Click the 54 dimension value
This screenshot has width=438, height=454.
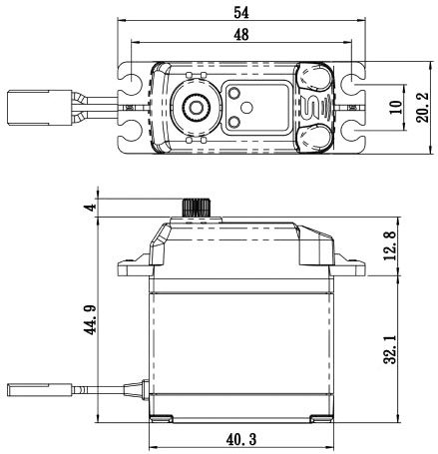click(241, 13)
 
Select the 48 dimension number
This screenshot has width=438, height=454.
click(241, 35)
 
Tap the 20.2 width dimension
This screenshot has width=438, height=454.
click(422, 108)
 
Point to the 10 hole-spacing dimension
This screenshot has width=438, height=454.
click(396, 107)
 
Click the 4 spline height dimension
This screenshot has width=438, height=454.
click(90, 208)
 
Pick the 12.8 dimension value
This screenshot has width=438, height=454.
click(390, 246)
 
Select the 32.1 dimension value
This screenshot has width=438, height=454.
click(390, 349)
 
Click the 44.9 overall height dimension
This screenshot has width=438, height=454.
click(90, 320)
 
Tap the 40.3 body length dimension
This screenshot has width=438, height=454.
click(241, 440)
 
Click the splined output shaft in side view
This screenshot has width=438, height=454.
click(197, 208)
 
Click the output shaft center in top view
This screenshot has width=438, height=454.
click(196, 107)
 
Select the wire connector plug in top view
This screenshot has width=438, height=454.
click(39, 107)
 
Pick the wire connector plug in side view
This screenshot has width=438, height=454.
click(39, 390)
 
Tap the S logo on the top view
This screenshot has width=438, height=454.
click(311, 107)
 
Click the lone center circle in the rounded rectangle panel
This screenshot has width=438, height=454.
click(246, 107)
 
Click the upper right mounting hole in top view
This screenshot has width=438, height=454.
click(354, 81)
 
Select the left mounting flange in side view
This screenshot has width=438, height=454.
click(135, 268)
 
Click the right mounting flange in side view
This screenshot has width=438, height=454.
click(348, 267)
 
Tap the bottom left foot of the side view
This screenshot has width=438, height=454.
click(162, 419)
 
